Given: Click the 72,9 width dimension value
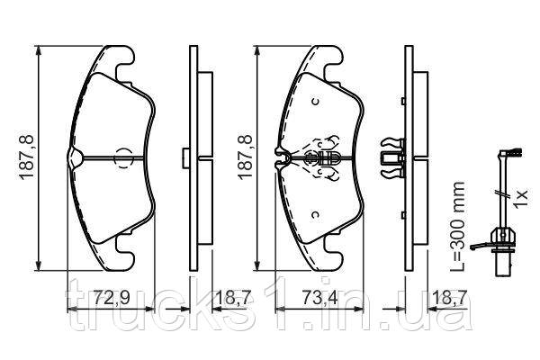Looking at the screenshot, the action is [x=112, y=297].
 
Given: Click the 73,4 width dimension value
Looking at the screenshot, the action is [x=319, y=297].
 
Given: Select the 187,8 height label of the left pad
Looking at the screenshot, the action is [x=27, y=157].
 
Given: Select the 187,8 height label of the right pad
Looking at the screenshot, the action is [x=245, y=157].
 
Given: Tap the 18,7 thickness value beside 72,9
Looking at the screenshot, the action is [x=232, y=297].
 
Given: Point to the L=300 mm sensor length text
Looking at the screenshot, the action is [x=458, y=227].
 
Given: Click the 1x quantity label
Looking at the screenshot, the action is [x=520, y=197].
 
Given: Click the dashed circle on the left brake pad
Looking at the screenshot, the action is [x=123, y=158].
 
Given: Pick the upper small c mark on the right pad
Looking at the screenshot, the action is [x=315, y=102].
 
